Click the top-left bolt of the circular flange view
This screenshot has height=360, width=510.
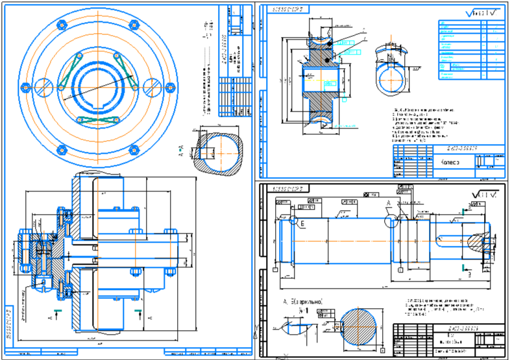62,26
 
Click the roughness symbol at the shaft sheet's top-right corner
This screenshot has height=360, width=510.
483,193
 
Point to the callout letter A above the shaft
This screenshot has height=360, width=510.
389,203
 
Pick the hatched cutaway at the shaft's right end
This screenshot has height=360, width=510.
478,246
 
